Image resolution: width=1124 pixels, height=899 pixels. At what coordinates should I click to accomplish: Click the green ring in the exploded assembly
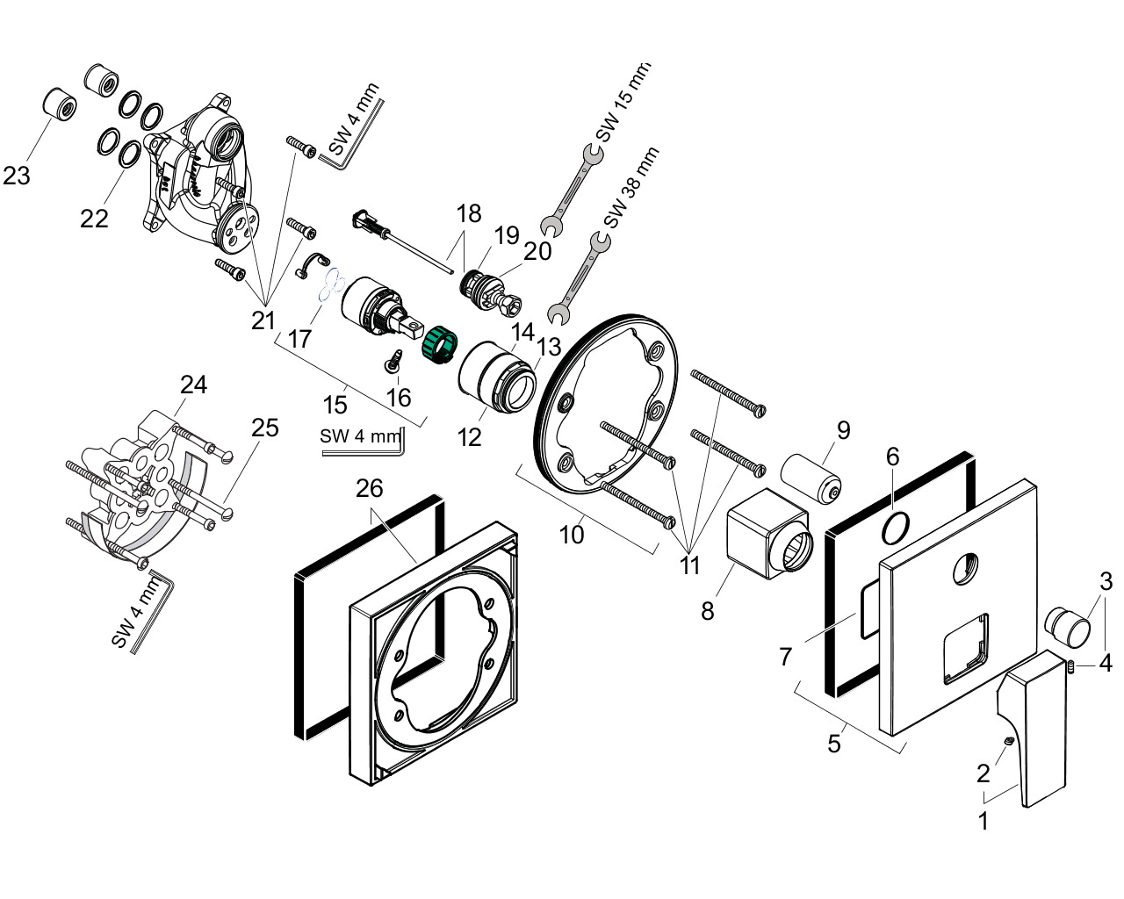[439, 345]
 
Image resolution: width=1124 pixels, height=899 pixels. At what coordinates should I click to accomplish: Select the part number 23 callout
[17, 176]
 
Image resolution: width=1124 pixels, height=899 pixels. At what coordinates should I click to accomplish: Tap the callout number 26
[370, 488]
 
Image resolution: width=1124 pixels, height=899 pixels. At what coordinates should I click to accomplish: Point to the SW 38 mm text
[631, 188]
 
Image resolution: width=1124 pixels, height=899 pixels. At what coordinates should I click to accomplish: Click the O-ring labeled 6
[895, 529]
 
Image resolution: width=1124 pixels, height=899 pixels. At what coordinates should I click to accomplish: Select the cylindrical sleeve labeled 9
[811, 478]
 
